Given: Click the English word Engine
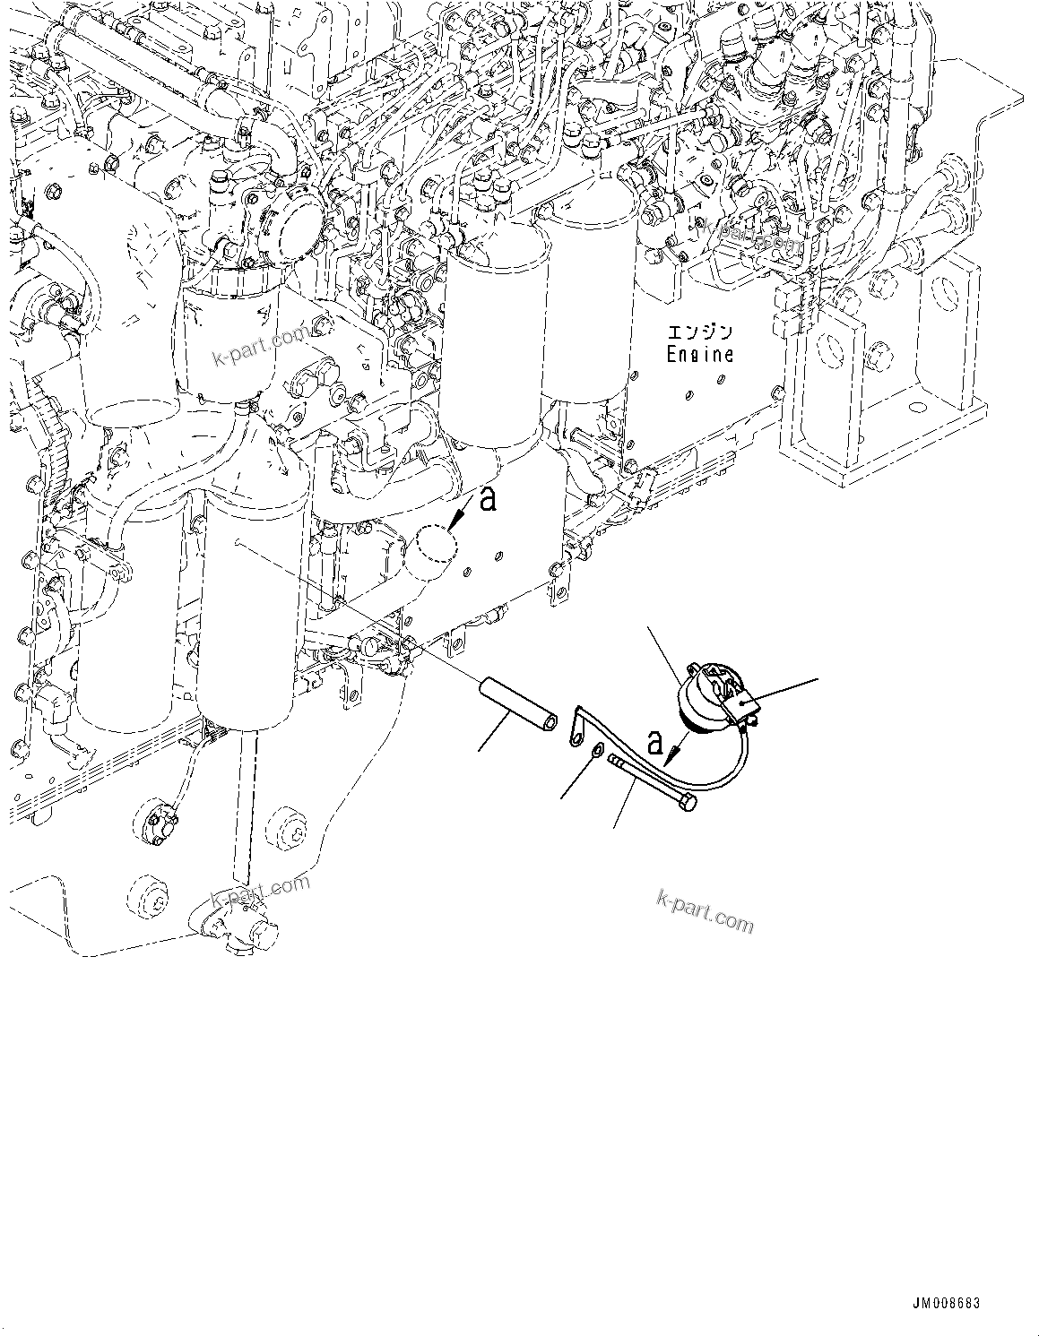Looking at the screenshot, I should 699,354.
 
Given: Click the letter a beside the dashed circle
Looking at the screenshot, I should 487,499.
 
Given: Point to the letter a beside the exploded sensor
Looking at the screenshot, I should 655,743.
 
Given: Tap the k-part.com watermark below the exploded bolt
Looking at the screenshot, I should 706,910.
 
